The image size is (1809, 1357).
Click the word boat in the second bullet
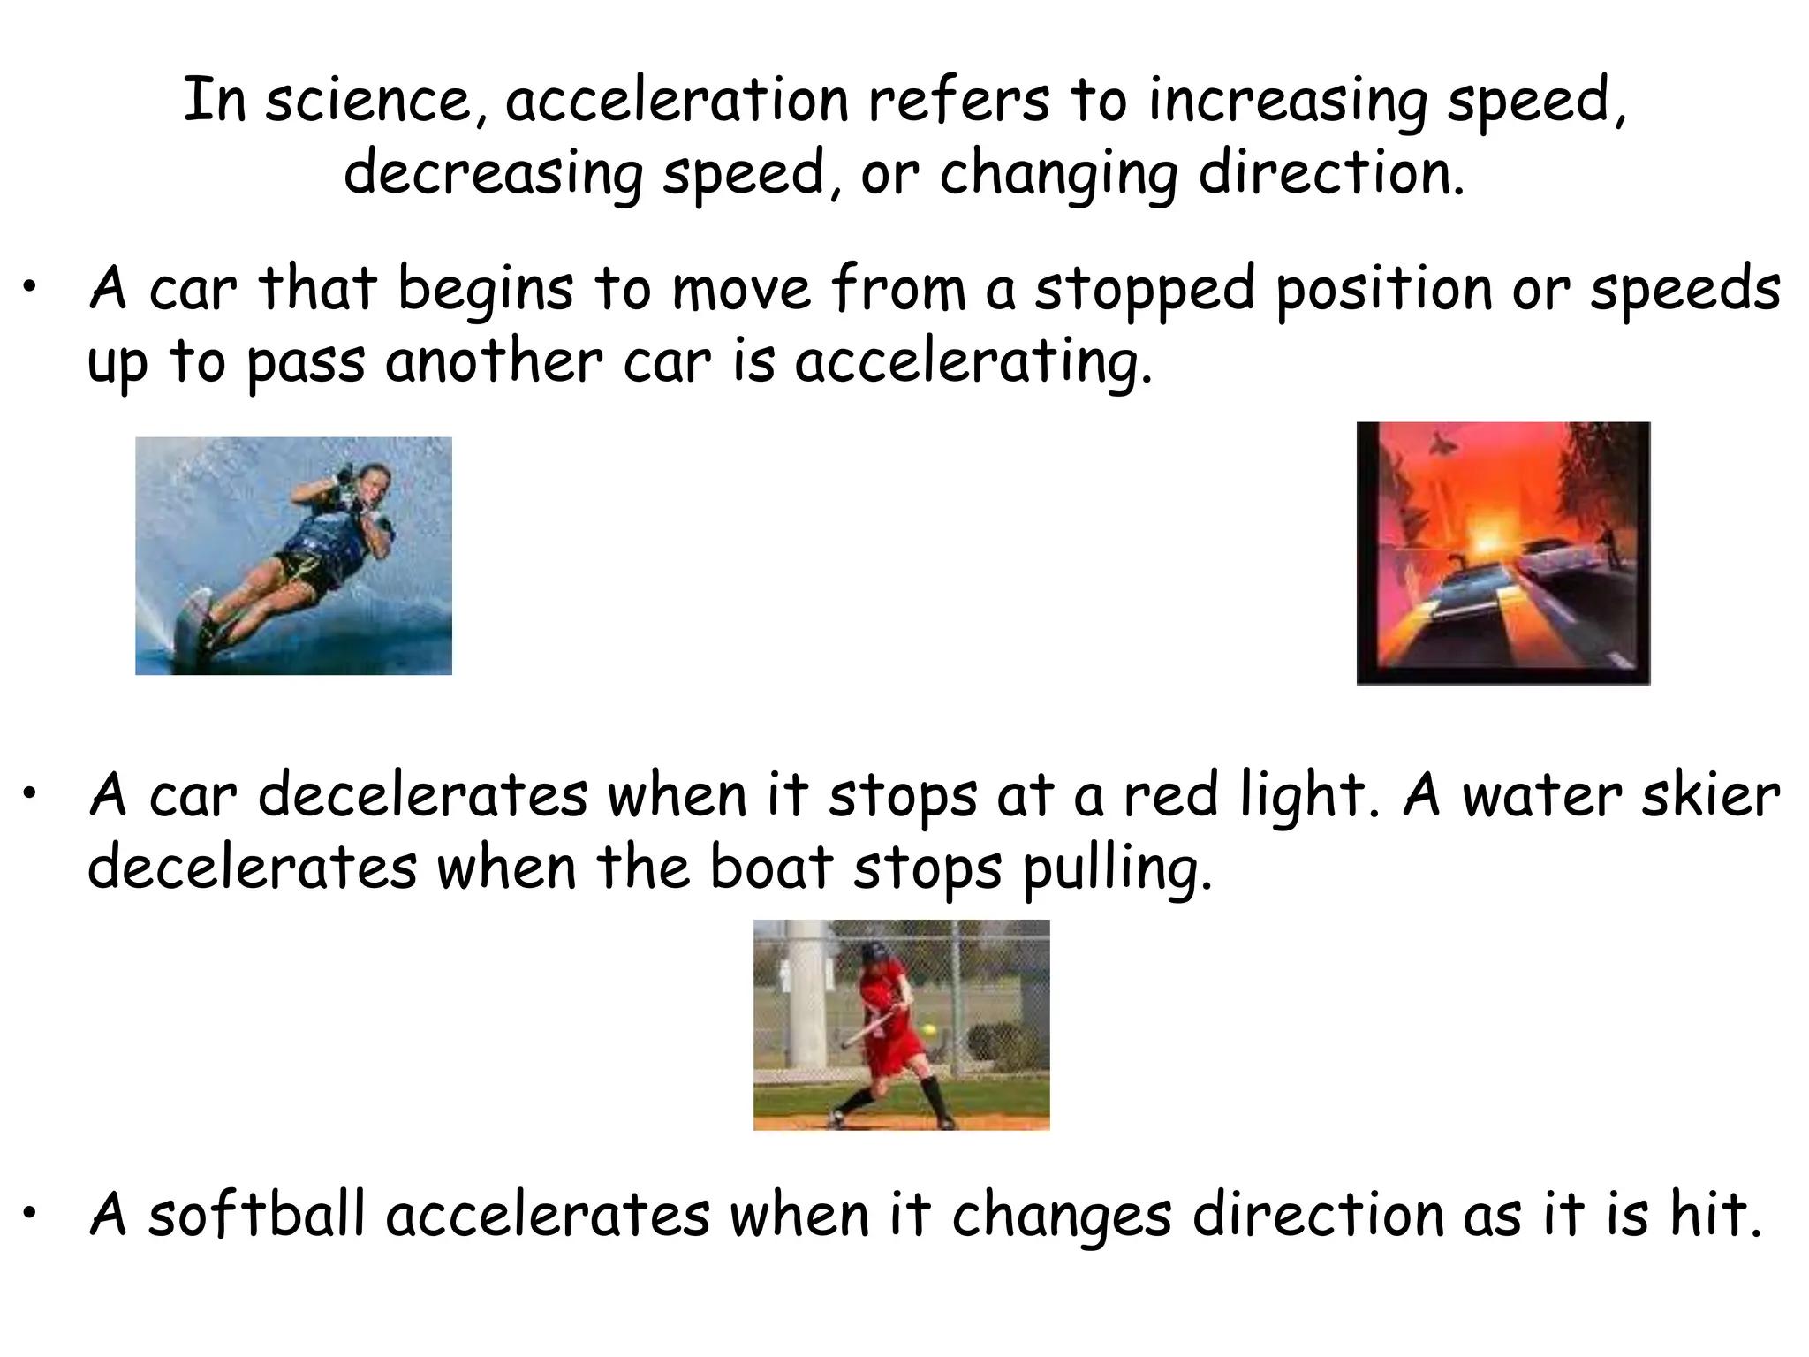pos(770,868)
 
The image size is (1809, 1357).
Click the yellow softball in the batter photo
pos(928,1031)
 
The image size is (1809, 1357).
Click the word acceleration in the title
pos(677,101)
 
